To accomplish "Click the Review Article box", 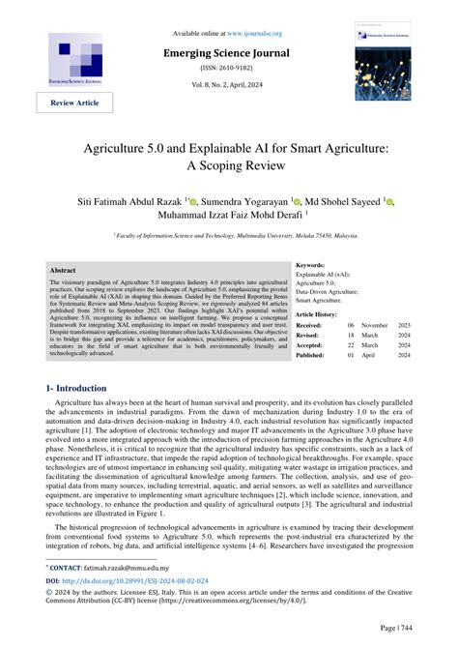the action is (x=69, y=103).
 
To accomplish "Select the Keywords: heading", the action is (x=310, y=264).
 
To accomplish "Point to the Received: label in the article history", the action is (x=310, y=326).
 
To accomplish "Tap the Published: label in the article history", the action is (x=311, y=355).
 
